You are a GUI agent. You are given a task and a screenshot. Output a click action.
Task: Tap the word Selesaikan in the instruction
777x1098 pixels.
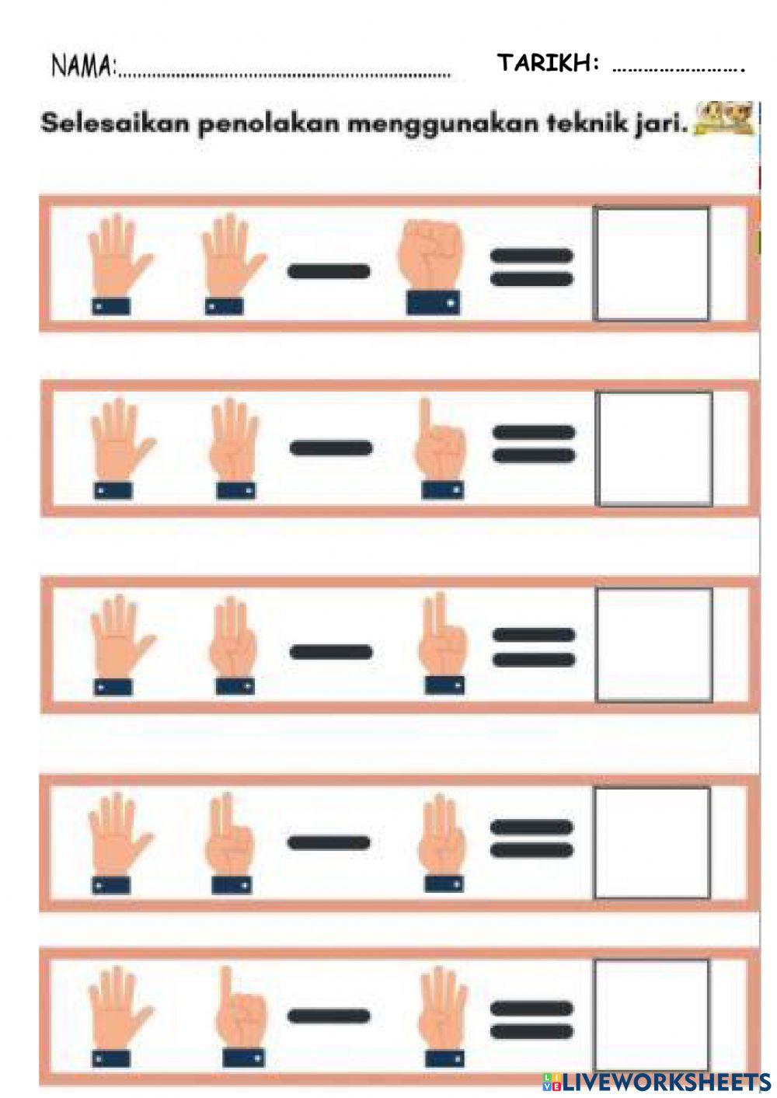pyautogui.click(x=115, y=124)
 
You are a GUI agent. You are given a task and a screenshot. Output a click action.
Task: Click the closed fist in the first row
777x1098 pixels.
pyautogui.click(x=430, y=264)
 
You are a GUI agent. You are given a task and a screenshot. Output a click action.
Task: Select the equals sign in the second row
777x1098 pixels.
pyautogui.click(x=535, y=444)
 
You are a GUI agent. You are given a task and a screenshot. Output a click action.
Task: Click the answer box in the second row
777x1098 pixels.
pyautogui.click(x=653, y=448)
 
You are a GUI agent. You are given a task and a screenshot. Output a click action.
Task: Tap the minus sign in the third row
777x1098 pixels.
pyautogui.click(x=330, y=651)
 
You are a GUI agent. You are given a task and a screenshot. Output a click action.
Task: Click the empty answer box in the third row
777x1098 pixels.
pyautogui.click(x=653, y=645)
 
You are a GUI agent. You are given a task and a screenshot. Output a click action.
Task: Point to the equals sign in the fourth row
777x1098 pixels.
pyautogui.click(x=532, y=839)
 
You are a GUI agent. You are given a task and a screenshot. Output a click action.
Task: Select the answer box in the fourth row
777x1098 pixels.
pyautogui.click(x=652, y=842)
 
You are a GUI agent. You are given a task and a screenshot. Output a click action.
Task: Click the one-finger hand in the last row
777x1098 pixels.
pyautogui.click(x=241, y=1015)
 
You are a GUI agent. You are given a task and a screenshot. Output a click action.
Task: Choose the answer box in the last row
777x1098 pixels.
pyautogui.click(x=652, y=1014)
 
